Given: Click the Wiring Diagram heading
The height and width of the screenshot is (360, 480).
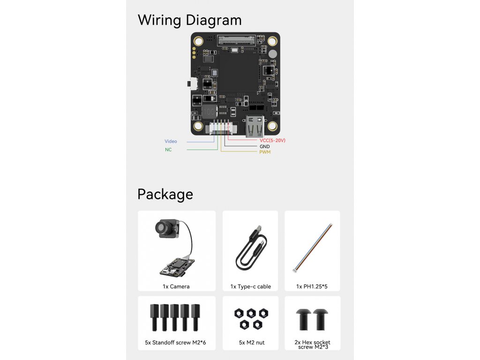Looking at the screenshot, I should (x=189, y=20).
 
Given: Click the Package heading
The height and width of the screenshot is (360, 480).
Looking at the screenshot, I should (x=165, y=194).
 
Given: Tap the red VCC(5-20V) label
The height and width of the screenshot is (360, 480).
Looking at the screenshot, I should (x=272, y=140).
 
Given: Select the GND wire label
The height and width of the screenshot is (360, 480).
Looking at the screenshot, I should (x=264, y=146).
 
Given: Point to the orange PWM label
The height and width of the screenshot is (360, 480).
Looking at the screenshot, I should (x=265, y=152).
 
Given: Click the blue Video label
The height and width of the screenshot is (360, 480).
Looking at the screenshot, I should (x=171, y=142).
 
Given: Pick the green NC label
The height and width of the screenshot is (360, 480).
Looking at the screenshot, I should (x=168, y=150).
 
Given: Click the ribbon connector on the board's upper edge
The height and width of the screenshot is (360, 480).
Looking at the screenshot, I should (x=236, y=39).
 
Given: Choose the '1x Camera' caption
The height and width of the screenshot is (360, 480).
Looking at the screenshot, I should (x=176, y=286).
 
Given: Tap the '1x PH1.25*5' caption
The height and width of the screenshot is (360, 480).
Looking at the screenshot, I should (x=312, y=286).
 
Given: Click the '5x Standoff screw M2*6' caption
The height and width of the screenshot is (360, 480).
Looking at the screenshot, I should (x=176, y=343).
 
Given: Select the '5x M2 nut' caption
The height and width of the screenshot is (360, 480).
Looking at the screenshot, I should (x=252, y=343).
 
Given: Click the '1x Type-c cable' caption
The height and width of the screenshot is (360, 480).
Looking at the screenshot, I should (x=251, y=286).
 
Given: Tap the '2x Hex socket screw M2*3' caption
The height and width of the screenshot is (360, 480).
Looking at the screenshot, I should (x=313, y=345).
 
